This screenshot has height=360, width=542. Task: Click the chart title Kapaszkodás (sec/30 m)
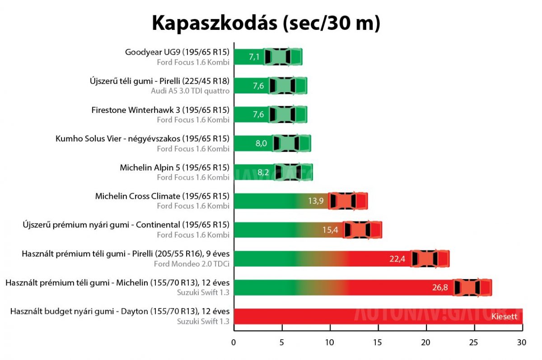(266, 23)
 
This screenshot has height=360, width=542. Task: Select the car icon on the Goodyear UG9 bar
(283, 57)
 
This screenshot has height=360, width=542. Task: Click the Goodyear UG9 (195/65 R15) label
(177, 52)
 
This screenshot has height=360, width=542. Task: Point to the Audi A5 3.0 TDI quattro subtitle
(190, 91)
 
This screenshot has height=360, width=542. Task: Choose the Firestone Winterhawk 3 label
(160, 110)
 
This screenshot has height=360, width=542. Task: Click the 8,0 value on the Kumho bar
(261, 144)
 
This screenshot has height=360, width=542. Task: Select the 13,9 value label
(316, 201)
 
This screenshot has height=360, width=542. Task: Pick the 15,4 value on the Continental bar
(330, 230)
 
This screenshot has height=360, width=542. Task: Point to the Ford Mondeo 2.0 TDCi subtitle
(192, 263)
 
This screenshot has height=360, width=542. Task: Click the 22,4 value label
(397, 259)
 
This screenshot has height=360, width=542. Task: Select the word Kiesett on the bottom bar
(504, 317)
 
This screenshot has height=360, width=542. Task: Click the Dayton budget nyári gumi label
(120, 311)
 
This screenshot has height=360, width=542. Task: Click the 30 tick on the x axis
(522, 342)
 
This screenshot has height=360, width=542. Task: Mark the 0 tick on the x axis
(234, 342)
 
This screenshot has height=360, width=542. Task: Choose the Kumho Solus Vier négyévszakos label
(142, 138)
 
